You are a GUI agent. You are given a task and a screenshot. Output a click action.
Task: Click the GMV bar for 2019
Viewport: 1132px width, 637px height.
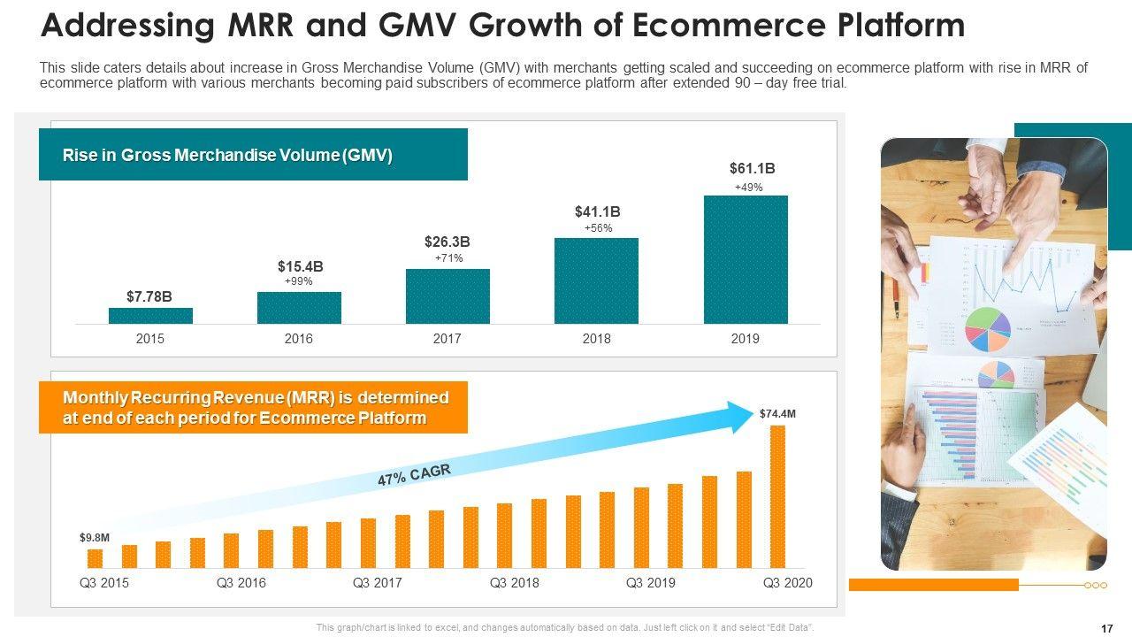point(746,259)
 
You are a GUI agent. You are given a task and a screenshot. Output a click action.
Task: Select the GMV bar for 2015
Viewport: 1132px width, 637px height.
point(150,315)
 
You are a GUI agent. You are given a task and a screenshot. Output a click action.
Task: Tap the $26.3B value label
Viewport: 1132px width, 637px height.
point(447,242)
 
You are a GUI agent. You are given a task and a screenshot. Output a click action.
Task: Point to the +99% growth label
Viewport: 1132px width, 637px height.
point(299,280)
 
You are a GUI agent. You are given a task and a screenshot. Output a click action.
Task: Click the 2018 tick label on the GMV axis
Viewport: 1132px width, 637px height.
point(596,339)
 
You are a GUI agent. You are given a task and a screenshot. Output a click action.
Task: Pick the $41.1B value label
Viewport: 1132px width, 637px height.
point(598,211)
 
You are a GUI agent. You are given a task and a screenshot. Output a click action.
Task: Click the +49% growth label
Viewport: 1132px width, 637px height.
point(748,188)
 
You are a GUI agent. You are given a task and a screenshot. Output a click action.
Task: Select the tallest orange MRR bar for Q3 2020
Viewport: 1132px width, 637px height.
point(777,495)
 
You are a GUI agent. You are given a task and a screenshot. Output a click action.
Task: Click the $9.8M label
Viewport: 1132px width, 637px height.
point(95,537)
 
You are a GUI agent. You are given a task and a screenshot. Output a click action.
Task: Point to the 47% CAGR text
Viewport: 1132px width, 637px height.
point(414,476)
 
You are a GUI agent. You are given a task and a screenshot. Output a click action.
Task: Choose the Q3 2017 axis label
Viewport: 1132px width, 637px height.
point(377,583)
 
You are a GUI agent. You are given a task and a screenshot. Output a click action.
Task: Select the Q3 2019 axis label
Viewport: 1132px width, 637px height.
point(650,583)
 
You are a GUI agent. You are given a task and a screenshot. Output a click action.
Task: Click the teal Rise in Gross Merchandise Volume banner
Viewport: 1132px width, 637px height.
point(253,155)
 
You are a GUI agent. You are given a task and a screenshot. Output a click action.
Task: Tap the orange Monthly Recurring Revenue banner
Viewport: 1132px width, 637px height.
point(253,408)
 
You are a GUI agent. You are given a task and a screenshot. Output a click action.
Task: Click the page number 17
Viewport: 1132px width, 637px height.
point(1106,628)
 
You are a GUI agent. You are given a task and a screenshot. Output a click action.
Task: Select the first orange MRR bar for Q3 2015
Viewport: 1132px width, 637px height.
point(95,558)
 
